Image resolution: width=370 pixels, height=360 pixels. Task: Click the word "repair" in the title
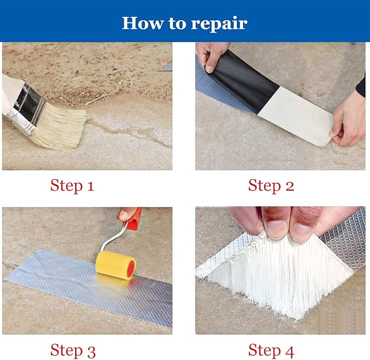(219, 24)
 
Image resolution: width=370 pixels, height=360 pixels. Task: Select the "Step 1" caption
(72, 186)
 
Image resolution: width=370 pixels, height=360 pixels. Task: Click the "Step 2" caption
(271, 186)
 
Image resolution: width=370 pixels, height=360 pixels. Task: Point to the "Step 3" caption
(72, 350)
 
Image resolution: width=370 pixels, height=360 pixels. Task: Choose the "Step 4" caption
(271, 350)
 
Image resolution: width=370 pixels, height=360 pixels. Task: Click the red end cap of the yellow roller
(131, 269)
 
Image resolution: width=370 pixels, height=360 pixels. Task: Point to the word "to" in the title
(177, 23)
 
